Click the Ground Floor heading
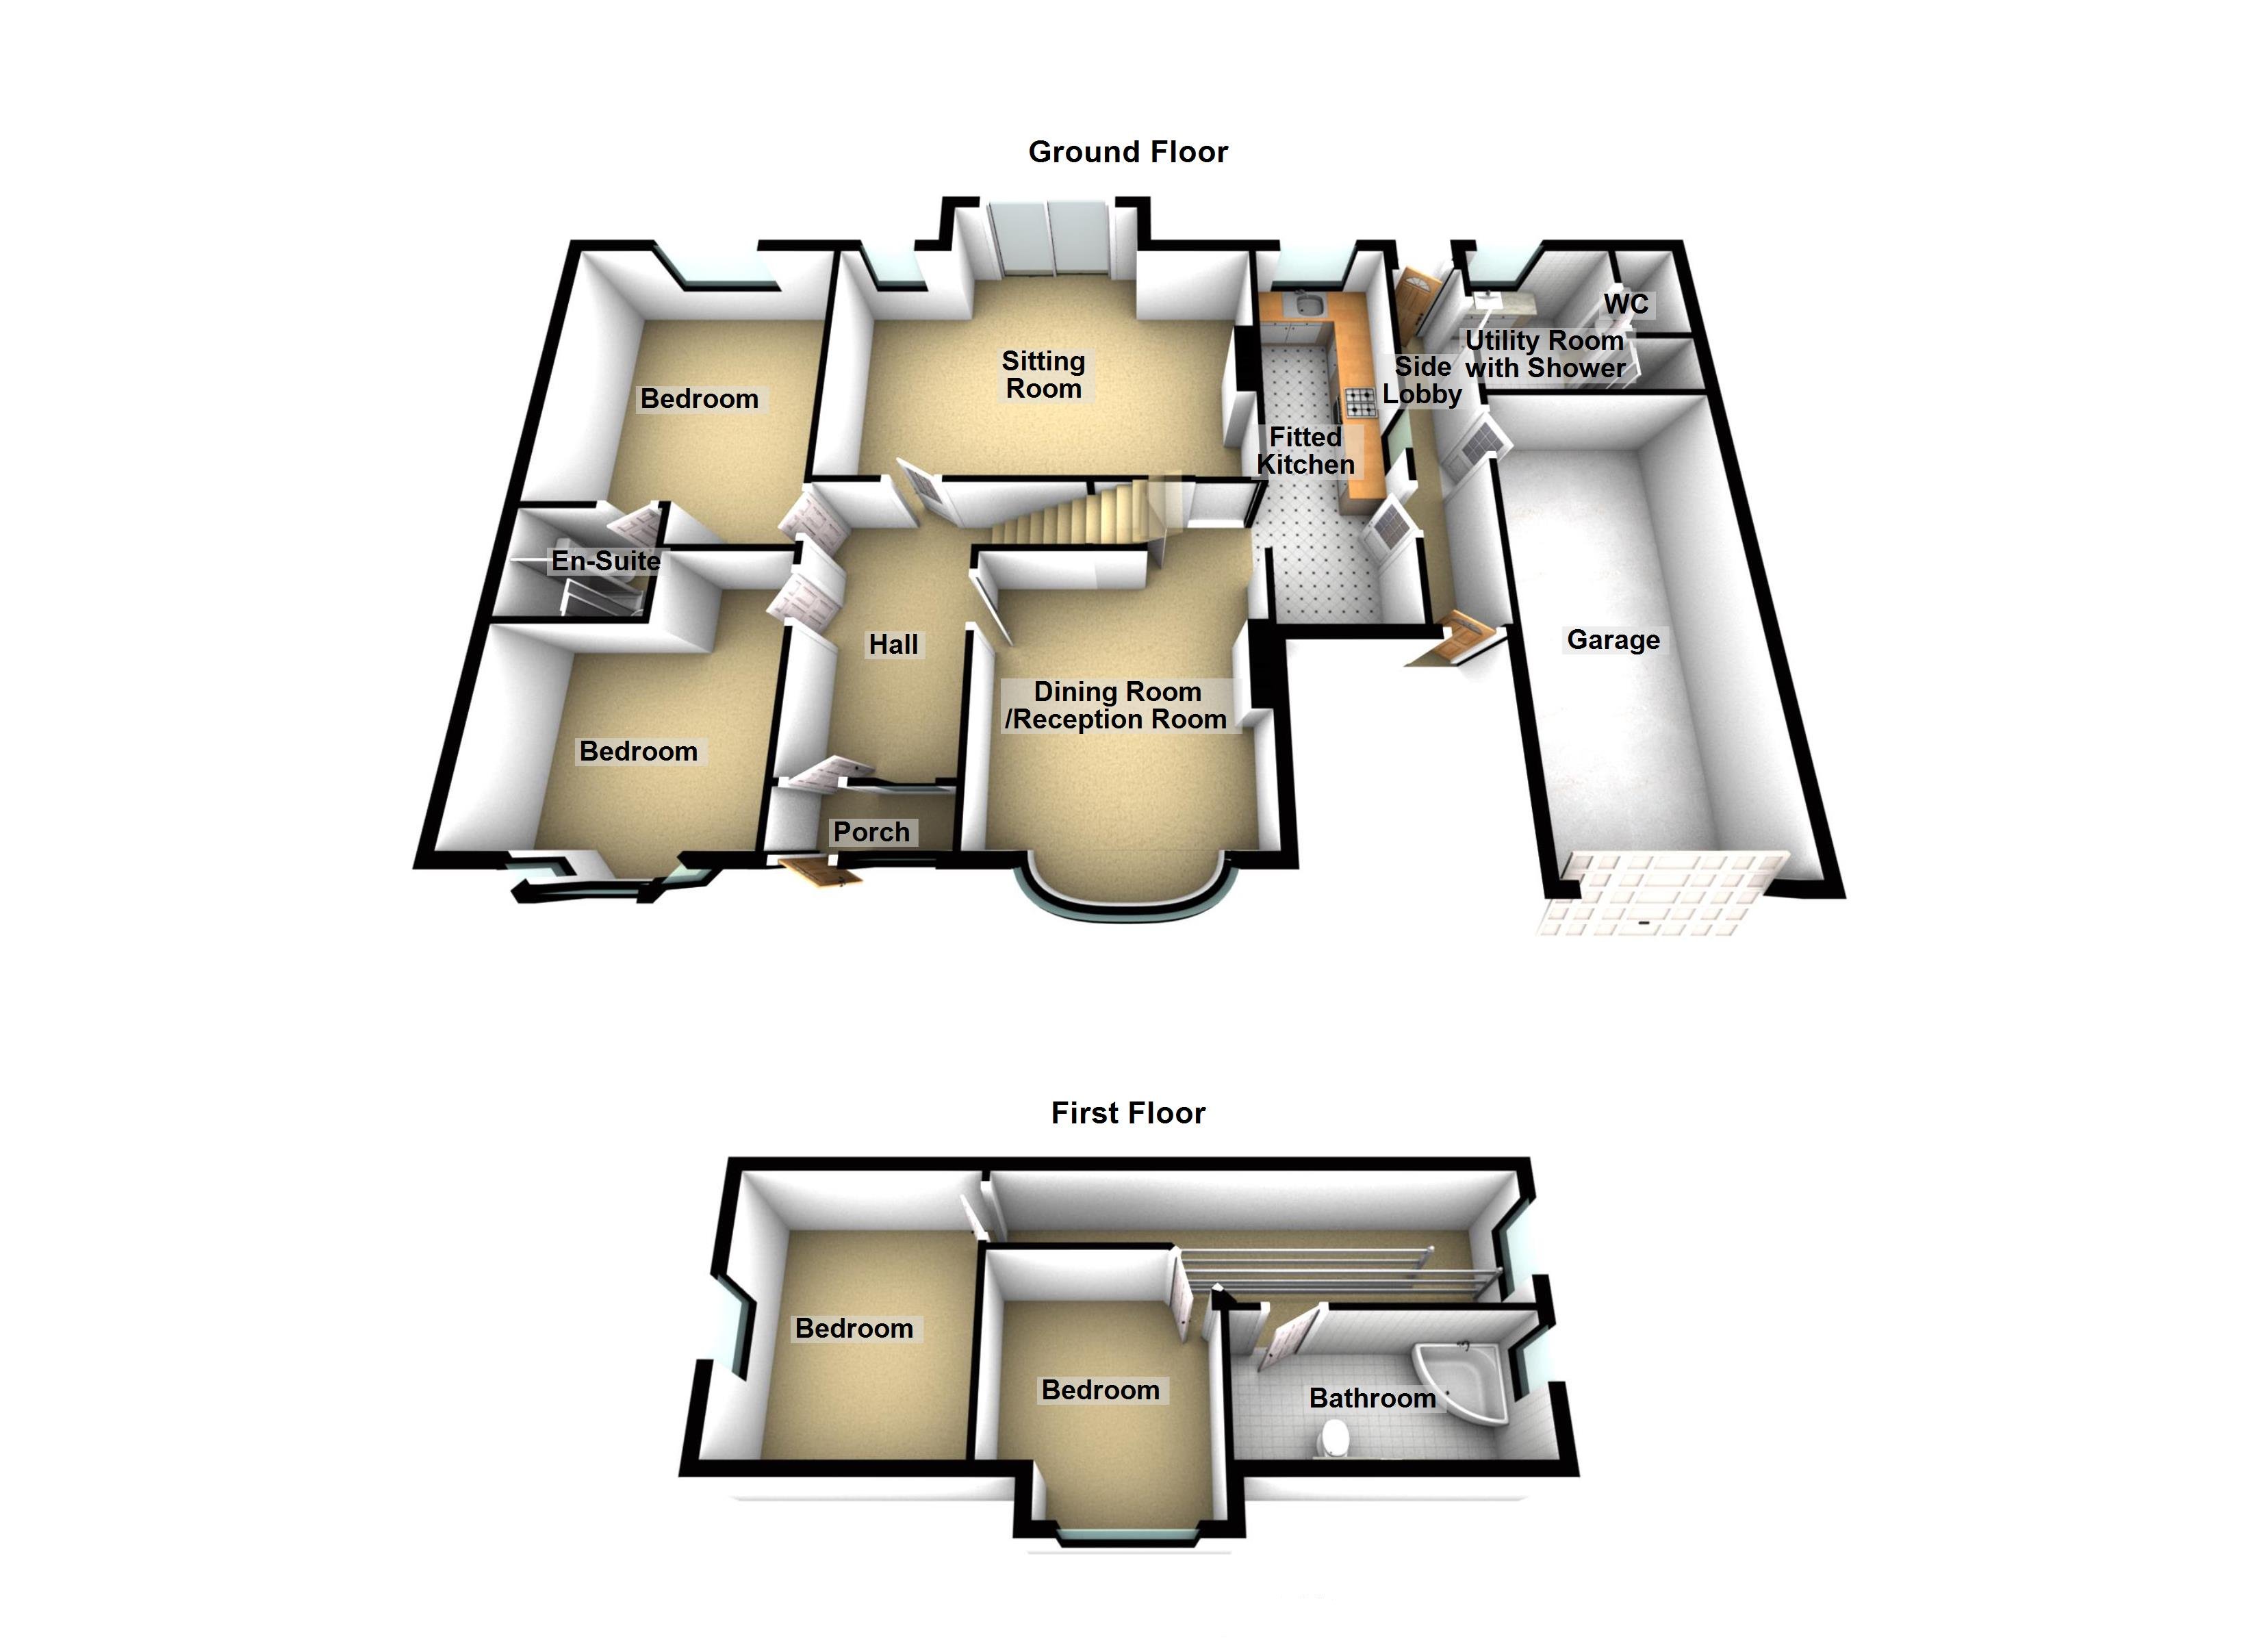pos(1127,153)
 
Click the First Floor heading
pos(1127,1113)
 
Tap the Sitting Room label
pos(1043,374)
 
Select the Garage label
pos(1613,639)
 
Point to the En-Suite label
pos(606,561)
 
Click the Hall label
pos(893,645)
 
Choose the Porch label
pos(871,832)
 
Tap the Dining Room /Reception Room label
pos(1116,705)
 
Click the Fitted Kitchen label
pos(1305,450)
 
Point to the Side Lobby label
pos(1421,381)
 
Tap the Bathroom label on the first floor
pos(1372,1398)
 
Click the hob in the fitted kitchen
pos(1360,402)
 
